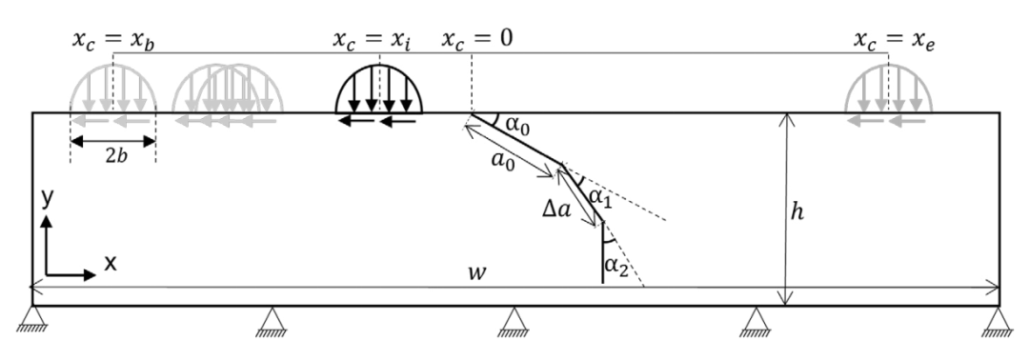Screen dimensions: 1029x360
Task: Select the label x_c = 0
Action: point(476,39)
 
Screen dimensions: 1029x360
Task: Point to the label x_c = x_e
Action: point(894,41)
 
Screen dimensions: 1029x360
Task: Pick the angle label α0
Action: point(517,125)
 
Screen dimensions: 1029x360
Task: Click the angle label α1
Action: point(600,197)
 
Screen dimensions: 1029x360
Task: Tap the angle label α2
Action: point(616,266)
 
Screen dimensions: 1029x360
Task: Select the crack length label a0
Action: point(503,160)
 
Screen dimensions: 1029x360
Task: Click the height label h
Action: point(797,211)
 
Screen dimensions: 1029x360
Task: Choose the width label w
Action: point(476,272)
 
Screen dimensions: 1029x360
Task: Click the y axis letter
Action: point(47,198)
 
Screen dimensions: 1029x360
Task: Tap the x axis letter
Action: point(111,263)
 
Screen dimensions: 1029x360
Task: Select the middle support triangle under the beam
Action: point(514,321)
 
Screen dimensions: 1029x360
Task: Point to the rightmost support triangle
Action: point(999,321)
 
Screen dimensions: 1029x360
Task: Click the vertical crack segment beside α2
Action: point(602,253)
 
